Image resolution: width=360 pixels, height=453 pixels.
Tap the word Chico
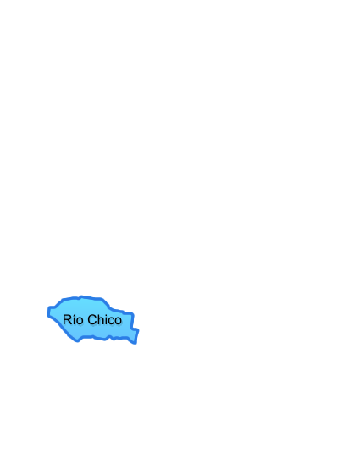[x=104, y=320]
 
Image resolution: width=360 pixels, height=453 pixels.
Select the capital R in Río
[x=67, y=320]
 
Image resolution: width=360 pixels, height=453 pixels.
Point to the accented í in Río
[x=74, y=319]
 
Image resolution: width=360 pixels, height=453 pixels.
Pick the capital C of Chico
[x=91, y=320]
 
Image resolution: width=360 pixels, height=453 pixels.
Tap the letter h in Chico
[x=100, y=320]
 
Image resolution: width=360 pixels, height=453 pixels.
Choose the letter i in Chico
[x=106, y=320]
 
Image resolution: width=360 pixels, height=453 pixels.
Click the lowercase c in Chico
[x=111, y=321]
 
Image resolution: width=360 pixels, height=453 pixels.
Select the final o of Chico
[x=119, y=321]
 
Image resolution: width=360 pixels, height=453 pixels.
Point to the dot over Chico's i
[x=106, y=315]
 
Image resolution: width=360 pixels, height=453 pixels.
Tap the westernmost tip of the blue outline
[x=48, y=315]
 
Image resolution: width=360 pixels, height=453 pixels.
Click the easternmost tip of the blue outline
[x=138, y=330]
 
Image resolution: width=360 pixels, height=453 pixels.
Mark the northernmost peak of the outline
[x=81, y=296]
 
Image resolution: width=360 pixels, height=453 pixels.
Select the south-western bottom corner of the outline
[x=77, y=341]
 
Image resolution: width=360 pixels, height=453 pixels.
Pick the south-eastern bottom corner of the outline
[x=135, y=343]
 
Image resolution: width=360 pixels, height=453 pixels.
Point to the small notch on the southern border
[x=113, y=338]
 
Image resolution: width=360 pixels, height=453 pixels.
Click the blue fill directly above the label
[x=86, y=306]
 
